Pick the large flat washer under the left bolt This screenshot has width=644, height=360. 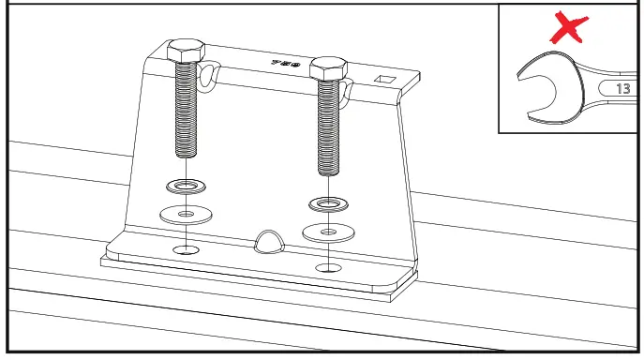point(186,213)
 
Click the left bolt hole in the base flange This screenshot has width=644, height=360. point(186,250)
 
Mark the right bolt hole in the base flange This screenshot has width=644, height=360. point(327,267)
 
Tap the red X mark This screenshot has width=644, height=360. point(568,28)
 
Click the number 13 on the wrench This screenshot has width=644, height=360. point(623,89)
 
